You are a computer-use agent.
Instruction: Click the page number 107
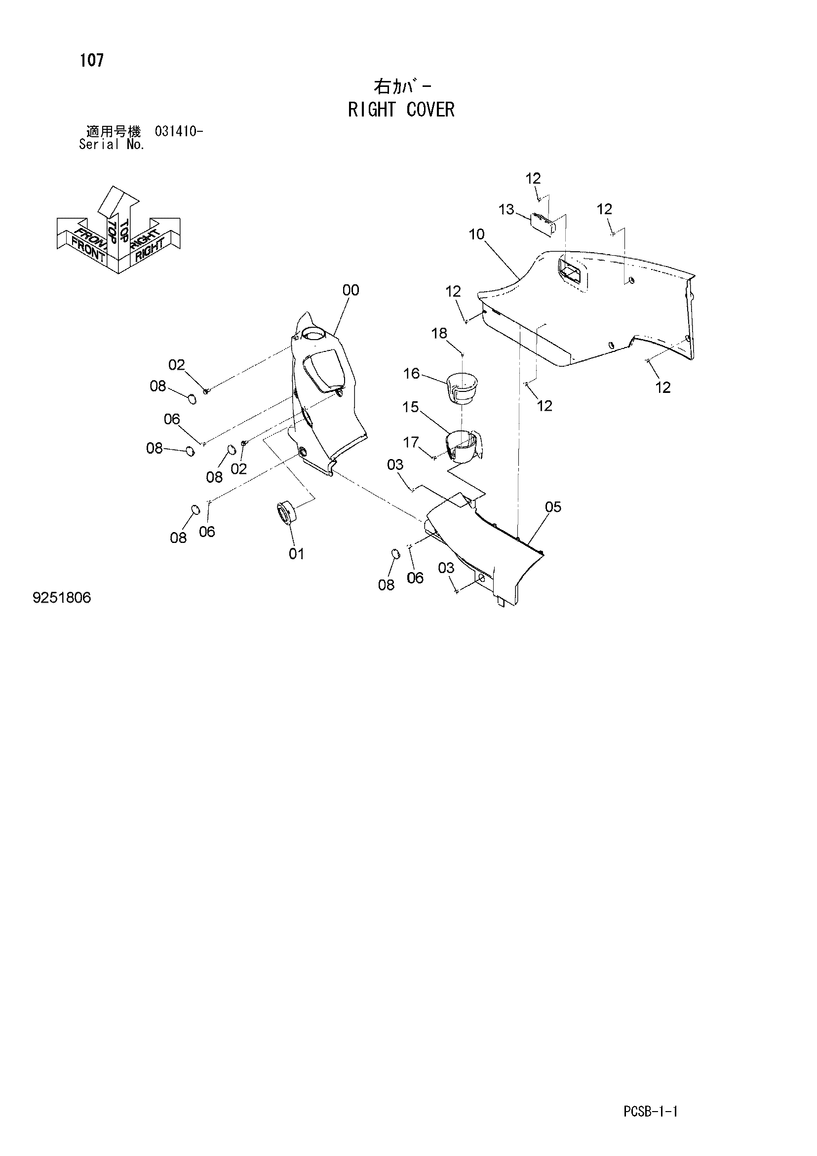92,60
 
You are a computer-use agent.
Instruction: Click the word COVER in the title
430,110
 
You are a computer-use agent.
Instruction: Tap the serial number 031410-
179,132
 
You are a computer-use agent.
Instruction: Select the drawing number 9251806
62,598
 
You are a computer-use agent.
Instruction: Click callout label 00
351,290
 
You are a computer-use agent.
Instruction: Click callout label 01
297,554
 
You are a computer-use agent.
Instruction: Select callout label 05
553,507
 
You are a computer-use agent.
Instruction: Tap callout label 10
476,234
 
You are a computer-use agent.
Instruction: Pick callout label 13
506,209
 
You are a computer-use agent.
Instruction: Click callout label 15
411,407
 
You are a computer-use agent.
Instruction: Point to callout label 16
412,373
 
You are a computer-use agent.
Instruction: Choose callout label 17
411,443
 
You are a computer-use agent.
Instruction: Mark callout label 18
439,333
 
